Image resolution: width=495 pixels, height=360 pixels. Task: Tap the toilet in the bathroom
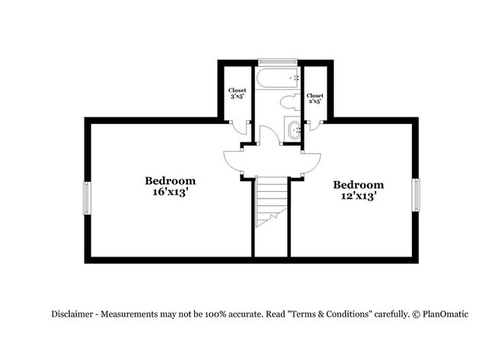pos(288,102)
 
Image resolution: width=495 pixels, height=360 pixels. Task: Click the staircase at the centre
pos(271,202)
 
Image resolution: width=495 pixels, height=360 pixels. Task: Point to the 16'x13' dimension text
pos(170,193)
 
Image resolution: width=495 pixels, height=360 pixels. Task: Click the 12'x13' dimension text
pos(358,196)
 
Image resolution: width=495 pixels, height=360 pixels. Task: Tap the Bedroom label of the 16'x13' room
pos(171,181)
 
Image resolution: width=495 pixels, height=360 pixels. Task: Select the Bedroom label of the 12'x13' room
pos(358,185)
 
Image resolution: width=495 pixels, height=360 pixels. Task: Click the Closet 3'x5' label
pos(238,94)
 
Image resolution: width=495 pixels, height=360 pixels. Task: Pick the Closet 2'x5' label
pos(315,99)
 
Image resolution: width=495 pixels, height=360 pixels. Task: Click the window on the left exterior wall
pos(87,198)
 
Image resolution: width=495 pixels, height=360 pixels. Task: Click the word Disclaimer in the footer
pos(75,314)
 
